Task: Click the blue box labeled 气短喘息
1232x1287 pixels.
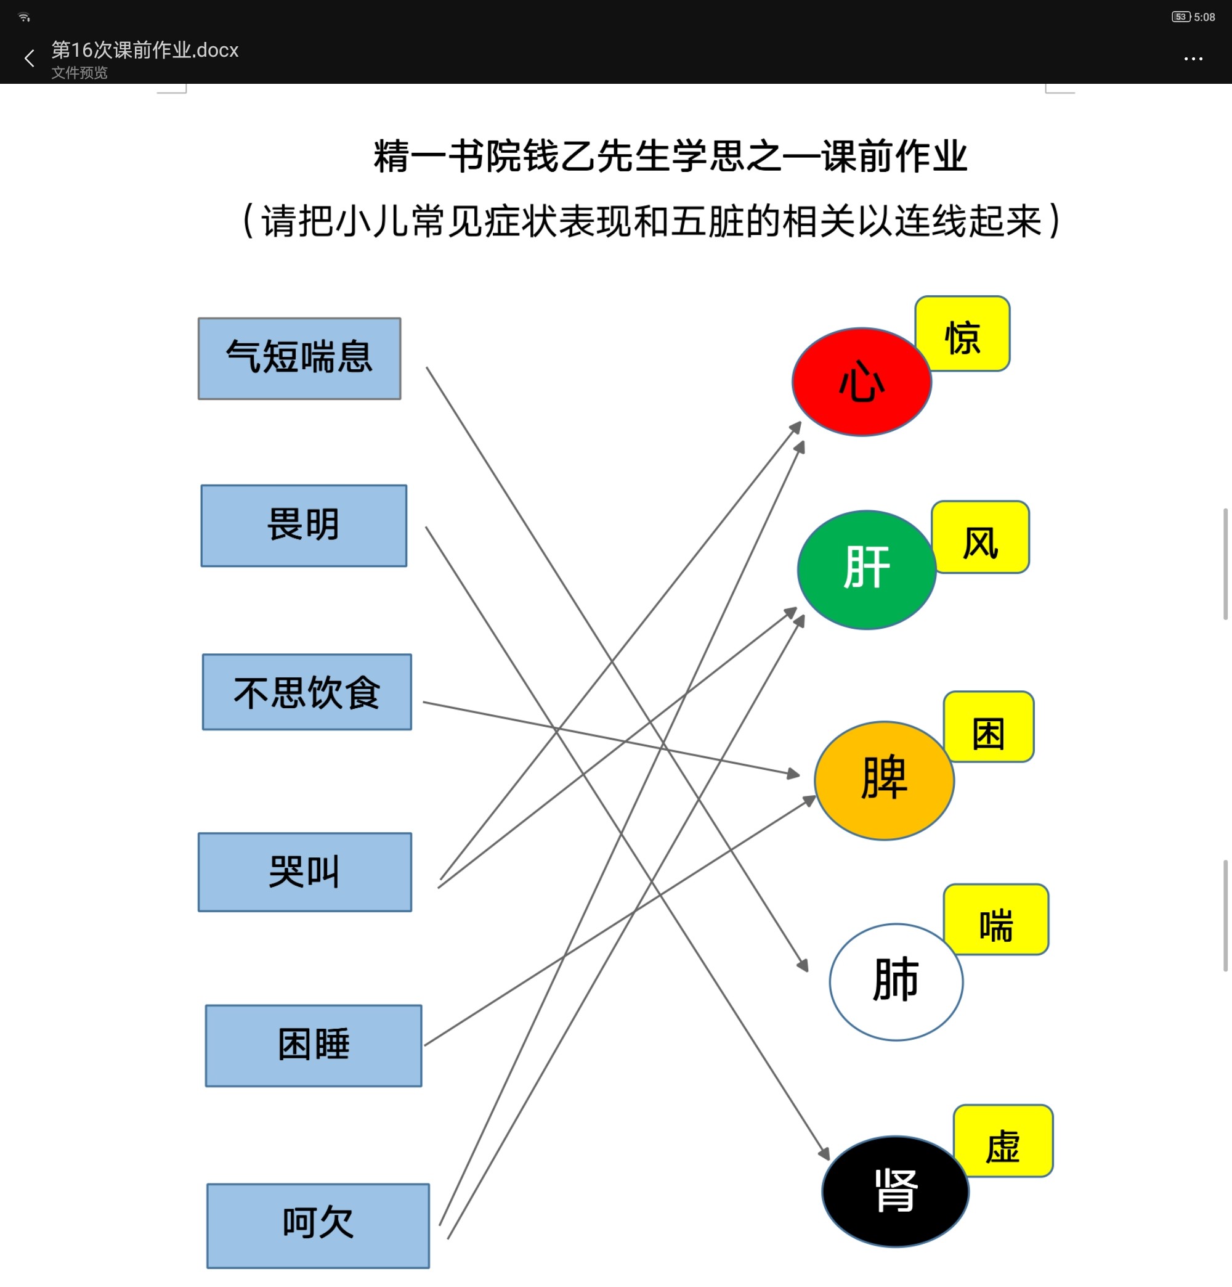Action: pyautogui.click(x=299, y=359)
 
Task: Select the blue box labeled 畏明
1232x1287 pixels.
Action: pyautogui.click(x=304, y=525)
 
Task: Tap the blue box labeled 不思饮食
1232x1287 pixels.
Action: pyautogui.click(x=307, y=692)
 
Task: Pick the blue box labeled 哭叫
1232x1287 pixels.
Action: pyautogui.click(x=305, y=872)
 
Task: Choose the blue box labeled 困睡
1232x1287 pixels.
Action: pyautogui.click(x=314, y=1045)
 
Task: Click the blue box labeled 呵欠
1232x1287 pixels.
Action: pyautogui.click(x=318, y=1225)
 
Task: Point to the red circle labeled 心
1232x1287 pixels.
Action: pyautogui.click(x=862, y=382)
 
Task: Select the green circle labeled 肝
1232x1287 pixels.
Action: pyautogui.click(x=866, y=570)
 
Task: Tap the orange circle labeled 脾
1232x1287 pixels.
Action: pyautogui.click(x=884, y=780)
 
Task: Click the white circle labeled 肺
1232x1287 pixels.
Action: pyautogui.click(x=896, y=982)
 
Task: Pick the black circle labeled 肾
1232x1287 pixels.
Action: pyautogui.click(x=895, y=1191)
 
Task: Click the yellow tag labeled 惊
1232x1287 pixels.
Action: pyautogui.click(x=962, y=333)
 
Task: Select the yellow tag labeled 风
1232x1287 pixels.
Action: pyautogui.click(x=981, y=537)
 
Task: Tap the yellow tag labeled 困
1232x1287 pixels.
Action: pyautogui.click(x=989, y=727)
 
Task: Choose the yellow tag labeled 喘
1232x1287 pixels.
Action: pyautogui.click(x=995, y=919)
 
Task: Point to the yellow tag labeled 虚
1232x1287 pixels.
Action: pyautogui.click(x=1003, y=1140)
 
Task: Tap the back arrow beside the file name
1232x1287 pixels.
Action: pyautogui.click(x=29, y=59)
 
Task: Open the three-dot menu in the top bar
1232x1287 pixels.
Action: pyautogui.click(x=1193, y=59)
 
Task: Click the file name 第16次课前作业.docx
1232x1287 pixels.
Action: pyautogui.click(x=145, y=50)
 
